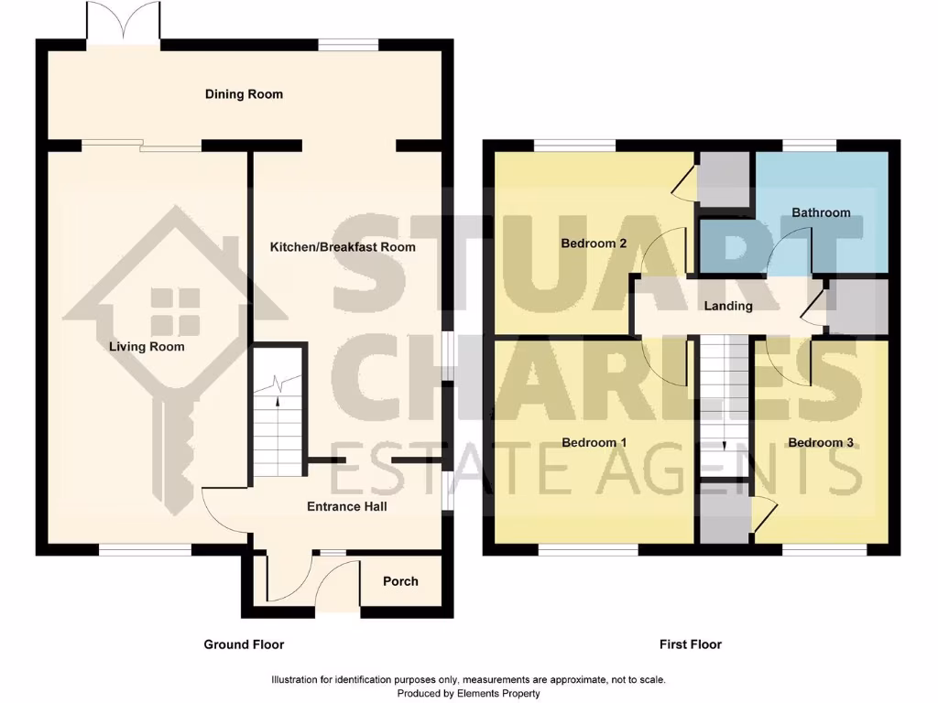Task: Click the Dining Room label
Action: click(244, 94)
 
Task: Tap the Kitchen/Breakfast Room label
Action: click(343, 247)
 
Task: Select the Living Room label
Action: click(147, 347)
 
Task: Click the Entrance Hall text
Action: click(346, 506)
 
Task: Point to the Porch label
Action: click(400, 581)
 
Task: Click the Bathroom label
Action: click(821, 212)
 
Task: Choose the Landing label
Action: click(728, 306)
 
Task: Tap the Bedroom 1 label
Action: click(594, 443)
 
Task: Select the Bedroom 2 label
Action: click(594, 243)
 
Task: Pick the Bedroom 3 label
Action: click(821, 443)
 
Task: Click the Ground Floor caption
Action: click(244, 644)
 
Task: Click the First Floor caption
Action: click(691, 644)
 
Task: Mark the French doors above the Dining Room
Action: click(124, 22)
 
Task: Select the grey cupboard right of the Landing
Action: click(858, 306)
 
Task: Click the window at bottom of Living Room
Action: click(145, 550)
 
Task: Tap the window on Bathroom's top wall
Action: click(810, 146)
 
